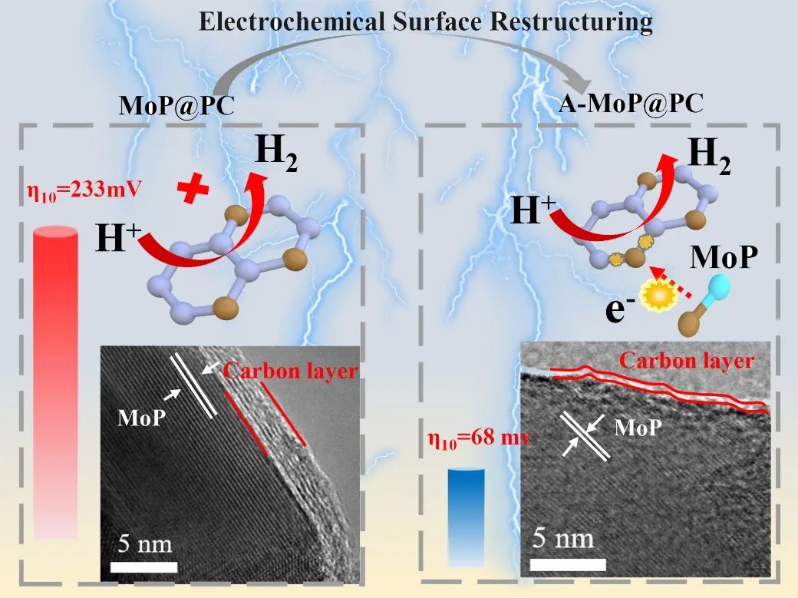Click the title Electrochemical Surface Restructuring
tap(426, 21)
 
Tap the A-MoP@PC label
tap(630, 104)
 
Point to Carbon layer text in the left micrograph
tap(291, 372)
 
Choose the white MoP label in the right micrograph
tap(638, 427)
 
